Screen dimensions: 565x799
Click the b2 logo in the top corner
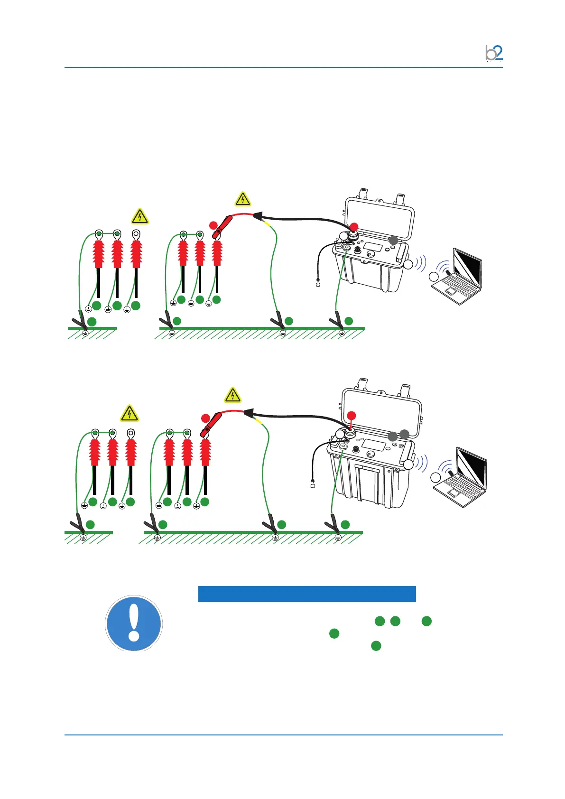pos(494,53)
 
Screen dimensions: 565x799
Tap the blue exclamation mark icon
pos(134,623)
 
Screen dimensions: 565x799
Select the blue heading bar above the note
pos(306,594)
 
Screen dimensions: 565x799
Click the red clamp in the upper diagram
pos(222,227)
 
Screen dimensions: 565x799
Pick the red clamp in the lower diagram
pos(212,424)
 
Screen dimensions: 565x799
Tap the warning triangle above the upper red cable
pos(243,199)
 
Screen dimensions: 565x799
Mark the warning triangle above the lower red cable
pos(232,396)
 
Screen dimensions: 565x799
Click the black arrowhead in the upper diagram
pos(257,216)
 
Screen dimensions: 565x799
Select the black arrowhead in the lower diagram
pos(248,413)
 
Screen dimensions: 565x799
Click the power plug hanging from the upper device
pos(318,284)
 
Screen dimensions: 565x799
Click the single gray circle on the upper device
pos(393,241)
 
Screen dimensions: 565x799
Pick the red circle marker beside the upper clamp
pos(213,225)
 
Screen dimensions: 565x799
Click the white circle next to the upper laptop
pos(433,277)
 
